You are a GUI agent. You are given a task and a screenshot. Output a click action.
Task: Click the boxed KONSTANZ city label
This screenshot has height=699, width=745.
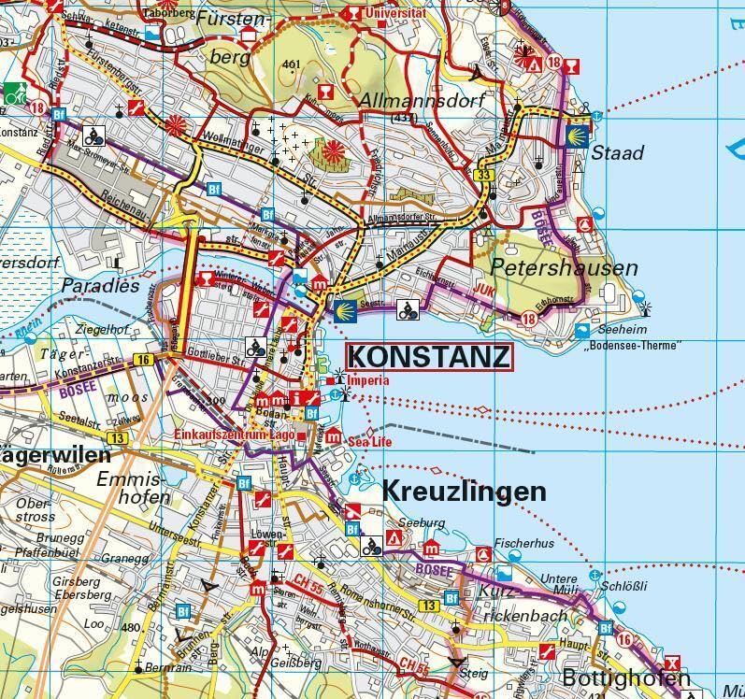[x=429, y=357]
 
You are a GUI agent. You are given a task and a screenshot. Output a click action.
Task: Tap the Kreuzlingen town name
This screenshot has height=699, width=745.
[x=464, y=492]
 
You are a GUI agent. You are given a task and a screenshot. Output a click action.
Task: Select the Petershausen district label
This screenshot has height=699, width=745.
[x=564, y=268]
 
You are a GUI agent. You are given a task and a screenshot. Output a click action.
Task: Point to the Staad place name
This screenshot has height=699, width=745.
[x=618, y=152]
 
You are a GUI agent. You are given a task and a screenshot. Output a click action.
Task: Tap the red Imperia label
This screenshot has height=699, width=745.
[x=367, y=381]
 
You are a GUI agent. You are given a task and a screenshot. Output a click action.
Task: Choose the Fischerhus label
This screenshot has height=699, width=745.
[x=524, y=543]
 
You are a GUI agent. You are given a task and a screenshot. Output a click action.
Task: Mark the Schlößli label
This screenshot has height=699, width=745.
[x=625, y=586]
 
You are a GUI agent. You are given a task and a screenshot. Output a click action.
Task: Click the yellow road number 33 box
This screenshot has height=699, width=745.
[x=483, y=176]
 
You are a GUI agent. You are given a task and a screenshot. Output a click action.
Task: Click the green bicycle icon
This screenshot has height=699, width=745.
[x=14, y=93]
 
